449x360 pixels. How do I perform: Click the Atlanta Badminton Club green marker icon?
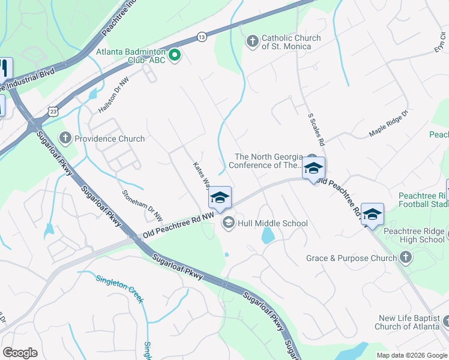(175, 56)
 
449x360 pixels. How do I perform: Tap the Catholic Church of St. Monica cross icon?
(252, 41)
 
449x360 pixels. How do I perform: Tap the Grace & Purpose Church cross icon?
(406, 258)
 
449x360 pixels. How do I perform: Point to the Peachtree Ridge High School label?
(414, 235)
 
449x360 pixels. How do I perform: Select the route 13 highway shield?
(202, 37)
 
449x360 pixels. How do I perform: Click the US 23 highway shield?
(53, 111)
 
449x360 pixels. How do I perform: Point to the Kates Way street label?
(201, 175)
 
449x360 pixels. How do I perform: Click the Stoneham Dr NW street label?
(142, 205)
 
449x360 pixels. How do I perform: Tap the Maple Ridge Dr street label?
(388, 123)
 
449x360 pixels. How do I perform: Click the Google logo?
(20, 353)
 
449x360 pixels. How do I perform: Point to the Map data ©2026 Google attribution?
(412, 355)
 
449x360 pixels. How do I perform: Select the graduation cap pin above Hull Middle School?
(220, 199)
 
